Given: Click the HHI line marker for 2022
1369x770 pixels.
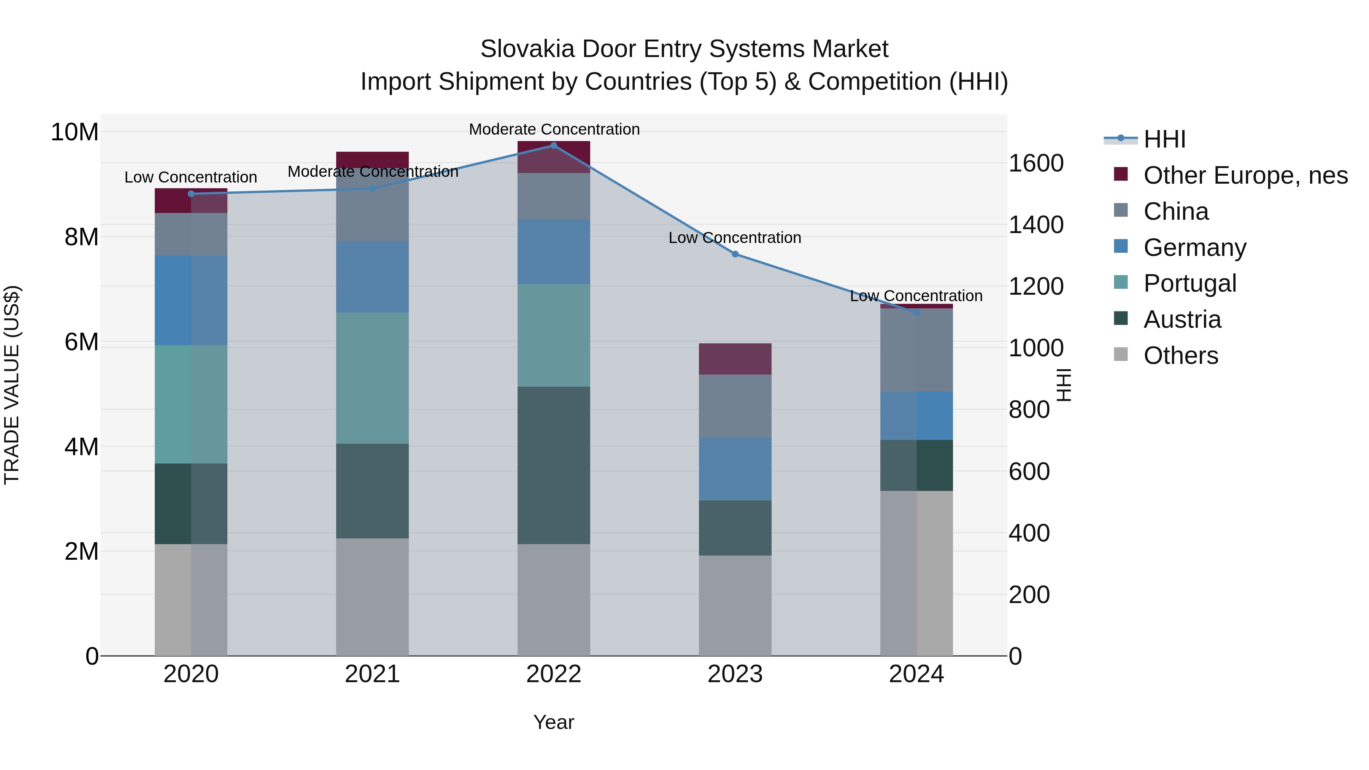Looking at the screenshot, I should (x=553, y=146).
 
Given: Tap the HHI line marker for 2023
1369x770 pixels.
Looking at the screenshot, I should (x=735, y=254).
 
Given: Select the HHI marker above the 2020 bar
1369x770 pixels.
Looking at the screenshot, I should (x=191, y=194).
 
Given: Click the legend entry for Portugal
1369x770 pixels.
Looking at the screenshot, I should (x=1190, y=283).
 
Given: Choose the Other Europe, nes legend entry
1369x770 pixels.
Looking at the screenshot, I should (x=1245, y=175).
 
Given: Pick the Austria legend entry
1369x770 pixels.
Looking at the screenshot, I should (x=1182, y=319).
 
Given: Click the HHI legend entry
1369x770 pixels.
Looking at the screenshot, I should (x=1164, y=139).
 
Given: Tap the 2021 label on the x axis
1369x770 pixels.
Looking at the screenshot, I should (x=372, y=674).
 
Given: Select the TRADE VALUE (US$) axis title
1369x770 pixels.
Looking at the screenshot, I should (x=12, y=385).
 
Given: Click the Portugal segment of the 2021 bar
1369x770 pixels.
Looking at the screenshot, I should (x=372, y=378).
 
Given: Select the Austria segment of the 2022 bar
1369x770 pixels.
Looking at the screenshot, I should (x=553, y=465).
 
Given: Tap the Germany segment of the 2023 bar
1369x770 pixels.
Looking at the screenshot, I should (x=735, y=469).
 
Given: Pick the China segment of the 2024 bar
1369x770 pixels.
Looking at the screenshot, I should (x=916, y=350).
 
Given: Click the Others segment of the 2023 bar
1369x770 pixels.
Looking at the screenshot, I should (x=735, y=605).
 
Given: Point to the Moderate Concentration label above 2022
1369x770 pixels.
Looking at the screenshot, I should (x=554, y=129).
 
